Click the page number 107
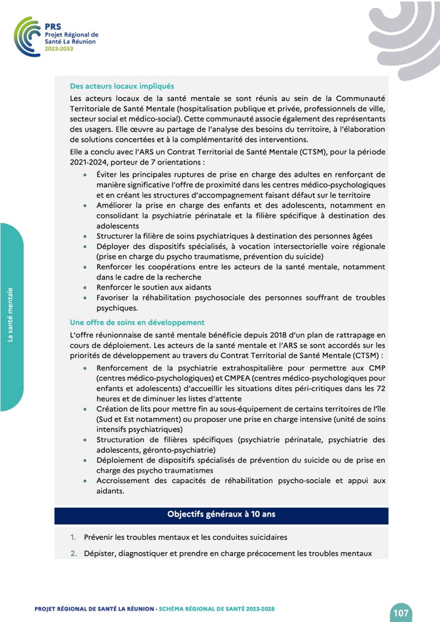coord(401,613)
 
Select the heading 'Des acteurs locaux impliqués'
coord(122,86)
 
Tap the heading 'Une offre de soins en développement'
coord(137,322)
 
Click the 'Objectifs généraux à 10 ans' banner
coord(221,514)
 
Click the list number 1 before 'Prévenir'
coord(74,537)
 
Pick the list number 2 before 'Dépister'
coord(74,553)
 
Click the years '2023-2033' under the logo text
coord(59,48)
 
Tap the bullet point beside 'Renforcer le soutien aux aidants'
coord(85,287)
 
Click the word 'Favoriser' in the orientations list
coord(114,298)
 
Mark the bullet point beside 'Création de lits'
coord(85,409)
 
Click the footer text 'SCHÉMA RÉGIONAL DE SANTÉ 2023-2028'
coord(217,609)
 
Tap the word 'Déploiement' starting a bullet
coord(120,460)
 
